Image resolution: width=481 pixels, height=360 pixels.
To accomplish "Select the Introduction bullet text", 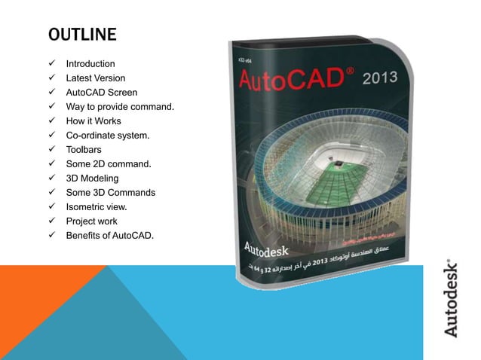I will coord(90,64).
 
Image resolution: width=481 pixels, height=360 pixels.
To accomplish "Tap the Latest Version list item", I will coord(96,78).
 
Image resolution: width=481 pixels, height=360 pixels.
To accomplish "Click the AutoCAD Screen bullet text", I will coord(101,93).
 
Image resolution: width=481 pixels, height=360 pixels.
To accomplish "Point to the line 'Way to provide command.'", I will coord(121,107).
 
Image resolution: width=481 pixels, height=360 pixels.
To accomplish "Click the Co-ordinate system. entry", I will coord(107,136).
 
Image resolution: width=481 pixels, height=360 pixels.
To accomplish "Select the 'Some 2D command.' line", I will coord(109,164).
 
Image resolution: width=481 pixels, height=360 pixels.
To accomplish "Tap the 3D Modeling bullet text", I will coord(93,178).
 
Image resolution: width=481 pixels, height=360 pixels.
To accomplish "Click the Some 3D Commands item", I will coord(111,193).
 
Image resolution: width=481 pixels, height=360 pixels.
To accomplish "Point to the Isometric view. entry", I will coord(97,207).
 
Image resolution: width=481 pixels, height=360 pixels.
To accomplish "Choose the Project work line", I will coord(92,221).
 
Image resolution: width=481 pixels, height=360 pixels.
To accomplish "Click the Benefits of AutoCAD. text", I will coord(109,236).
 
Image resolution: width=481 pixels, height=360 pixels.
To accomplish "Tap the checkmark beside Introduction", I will coord(54,64).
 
